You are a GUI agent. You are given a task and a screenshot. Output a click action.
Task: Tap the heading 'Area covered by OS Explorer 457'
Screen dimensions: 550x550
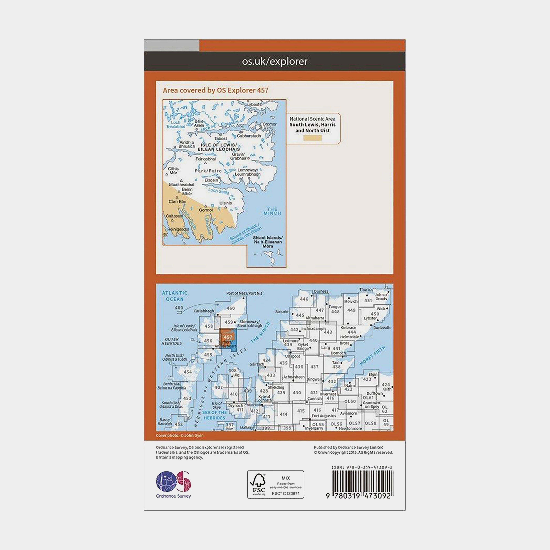point(215,90)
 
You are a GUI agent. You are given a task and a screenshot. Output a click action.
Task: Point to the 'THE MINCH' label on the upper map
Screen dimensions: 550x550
point(272,211)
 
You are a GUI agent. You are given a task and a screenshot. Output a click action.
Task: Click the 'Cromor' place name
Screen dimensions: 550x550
point(269,124)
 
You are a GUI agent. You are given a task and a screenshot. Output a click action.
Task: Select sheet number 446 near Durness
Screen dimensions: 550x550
point(304,299)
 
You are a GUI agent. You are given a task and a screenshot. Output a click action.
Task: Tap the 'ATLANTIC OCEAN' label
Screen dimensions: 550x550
point(174,296)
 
